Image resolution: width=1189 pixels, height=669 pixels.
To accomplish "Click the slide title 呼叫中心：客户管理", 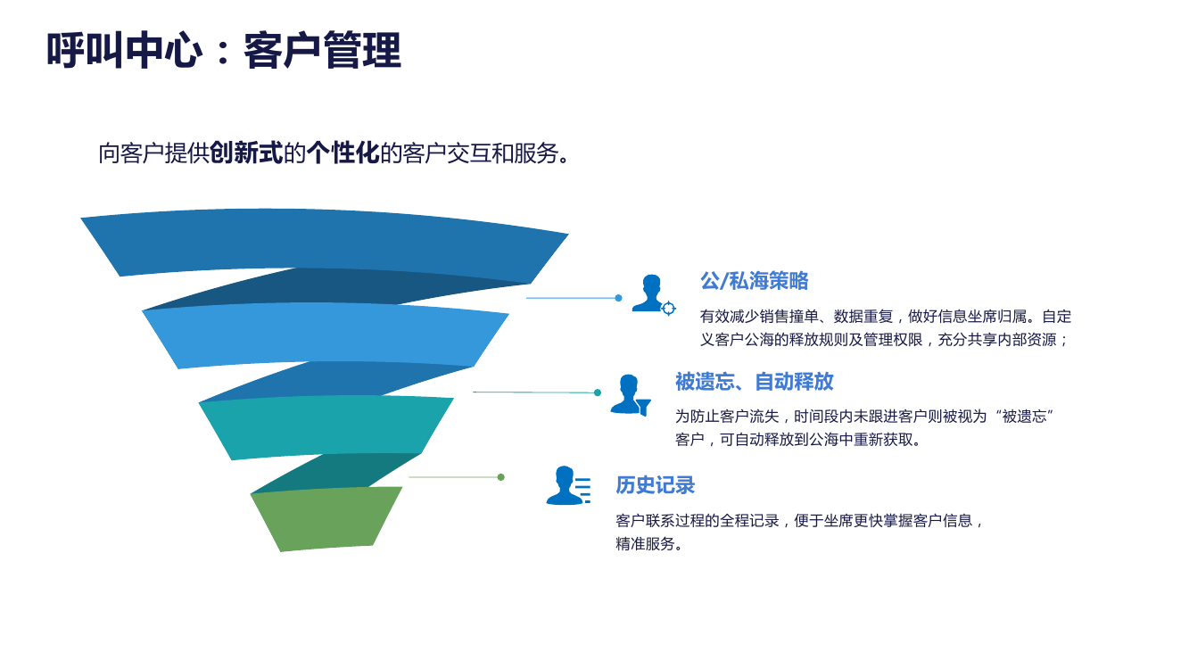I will click(x=224, y=50).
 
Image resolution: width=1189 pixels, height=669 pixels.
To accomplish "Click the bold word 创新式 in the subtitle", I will click(x=246, y=153).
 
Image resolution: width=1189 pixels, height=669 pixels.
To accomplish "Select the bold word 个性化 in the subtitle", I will click(x=343, y=153).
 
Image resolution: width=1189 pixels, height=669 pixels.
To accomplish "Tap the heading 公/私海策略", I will click(x=754, y=281).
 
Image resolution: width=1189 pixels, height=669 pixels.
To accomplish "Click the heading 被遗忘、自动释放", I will click(x=754, y=382).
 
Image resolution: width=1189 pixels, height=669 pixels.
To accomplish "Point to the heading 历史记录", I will click(x=655, y=485).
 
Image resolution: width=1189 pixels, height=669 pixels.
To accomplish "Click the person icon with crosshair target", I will click(x=653, y=294).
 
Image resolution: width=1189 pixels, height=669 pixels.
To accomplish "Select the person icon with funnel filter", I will click(x=630, y=394).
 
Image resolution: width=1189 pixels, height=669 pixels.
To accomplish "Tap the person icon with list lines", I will click(x=567, y=486).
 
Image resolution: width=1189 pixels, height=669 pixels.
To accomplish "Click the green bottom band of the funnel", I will click(x=326, y=518).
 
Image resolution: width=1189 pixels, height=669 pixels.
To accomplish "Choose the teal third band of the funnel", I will click(x=326, y=427).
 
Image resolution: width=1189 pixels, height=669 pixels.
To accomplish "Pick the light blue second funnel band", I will click(x=326, y=334).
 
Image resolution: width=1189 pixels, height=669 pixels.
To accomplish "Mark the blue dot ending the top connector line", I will click(x=618, y=298).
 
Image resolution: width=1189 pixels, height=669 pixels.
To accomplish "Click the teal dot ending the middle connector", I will click(x=598, y=392).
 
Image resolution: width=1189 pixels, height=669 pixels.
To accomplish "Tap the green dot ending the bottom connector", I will click(x=501, y=477).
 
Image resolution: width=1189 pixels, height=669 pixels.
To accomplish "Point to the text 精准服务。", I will click(x=649, y=544).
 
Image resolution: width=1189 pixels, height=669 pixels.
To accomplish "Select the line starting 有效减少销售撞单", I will click(x=885, y=317).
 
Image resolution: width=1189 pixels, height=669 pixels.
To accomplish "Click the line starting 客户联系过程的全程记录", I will click(x=799, y=521).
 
